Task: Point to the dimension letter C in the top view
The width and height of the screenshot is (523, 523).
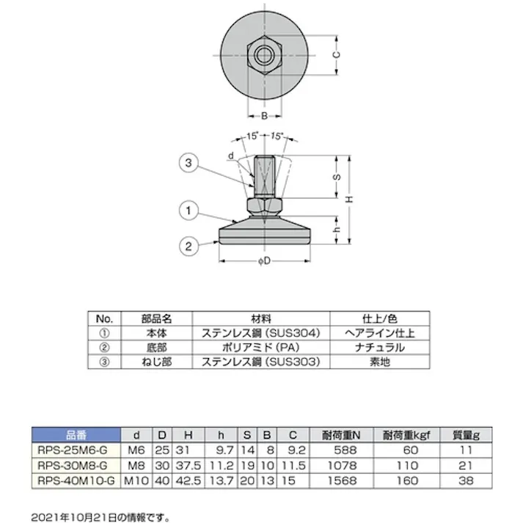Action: [336, 54]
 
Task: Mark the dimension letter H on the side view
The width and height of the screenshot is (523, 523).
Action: [350, 200]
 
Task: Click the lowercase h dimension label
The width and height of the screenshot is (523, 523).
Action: [337, 227]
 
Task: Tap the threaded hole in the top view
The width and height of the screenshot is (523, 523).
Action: [263, 54]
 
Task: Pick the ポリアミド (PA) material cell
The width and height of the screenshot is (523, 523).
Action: [261, 347]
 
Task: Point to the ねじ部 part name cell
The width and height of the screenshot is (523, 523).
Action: [156, 362]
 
